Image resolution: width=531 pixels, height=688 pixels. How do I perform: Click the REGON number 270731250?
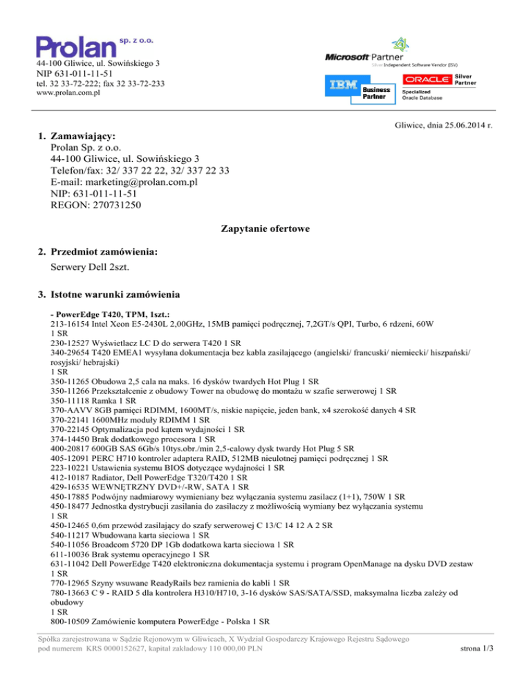tap(113, 205)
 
